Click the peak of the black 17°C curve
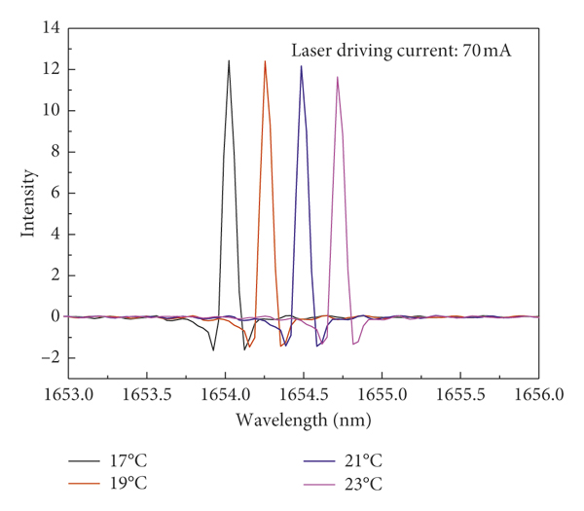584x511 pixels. coord(230,61)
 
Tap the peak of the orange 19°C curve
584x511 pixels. coord(265,61)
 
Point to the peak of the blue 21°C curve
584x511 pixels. coord(302,66)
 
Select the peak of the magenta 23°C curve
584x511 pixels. coord(338,77)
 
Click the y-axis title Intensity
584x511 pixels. coord(29,203)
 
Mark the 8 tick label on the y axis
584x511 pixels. coord(55,152)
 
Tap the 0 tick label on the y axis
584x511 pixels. coord(55,316)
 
